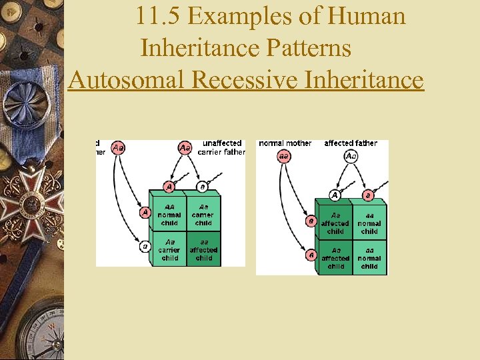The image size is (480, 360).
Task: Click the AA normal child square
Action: point(169,215)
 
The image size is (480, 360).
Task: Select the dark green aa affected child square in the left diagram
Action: point(203,249)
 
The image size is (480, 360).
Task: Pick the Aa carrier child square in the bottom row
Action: point(169,249)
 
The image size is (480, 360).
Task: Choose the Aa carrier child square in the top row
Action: point(203,215)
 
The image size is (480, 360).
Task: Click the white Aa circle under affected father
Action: point(351,156)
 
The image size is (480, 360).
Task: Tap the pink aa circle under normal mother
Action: point(284,156)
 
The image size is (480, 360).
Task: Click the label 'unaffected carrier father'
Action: point(222,147)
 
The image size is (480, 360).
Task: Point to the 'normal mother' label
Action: point(285,143)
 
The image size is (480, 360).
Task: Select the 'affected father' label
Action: point(351,143)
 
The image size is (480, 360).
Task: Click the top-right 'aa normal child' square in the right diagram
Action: point(369,223)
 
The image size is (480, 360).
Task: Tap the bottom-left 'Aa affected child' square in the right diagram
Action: point(335,258)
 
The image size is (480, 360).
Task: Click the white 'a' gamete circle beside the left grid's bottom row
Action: point(145,247)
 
